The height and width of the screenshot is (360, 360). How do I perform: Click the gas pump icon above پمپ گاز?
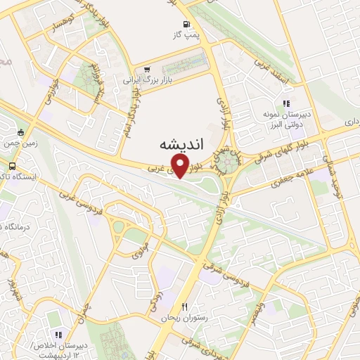pos(176,21)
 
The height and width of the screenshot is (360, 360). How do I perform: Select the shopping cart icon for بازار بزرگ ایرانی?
pos(146,70)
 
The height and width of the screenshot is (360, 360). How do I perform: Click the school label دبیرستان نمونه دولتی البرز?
pos(285,117)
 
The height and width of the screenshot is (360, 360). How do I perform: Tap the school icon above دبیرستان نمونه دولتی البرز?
pos(285,103)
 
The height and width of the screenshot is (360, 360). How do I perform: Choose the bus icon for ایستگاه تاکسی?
pos(12,167)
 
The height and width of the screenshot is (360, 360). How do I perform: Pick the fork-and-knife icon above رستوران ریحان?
pos(185,307)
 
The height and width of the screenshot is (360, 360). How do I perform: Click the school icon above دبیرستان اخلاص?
pos(58,335)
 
